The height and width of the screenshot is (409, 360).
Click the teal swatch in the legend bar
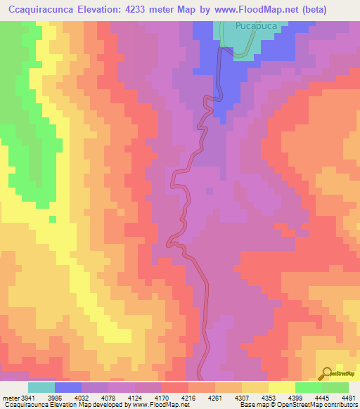pyautogui.click(x=41, y=387)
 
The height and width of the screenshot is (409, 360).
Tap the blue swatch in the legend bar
pyautogui.click(x=68, y=387)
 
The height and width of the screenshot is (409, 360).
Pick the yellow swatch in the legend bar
pyautogui.click(x=282, y=387)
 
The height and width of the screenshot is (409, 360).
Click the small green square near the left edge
pyautogui.click(x=52, y=219)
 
